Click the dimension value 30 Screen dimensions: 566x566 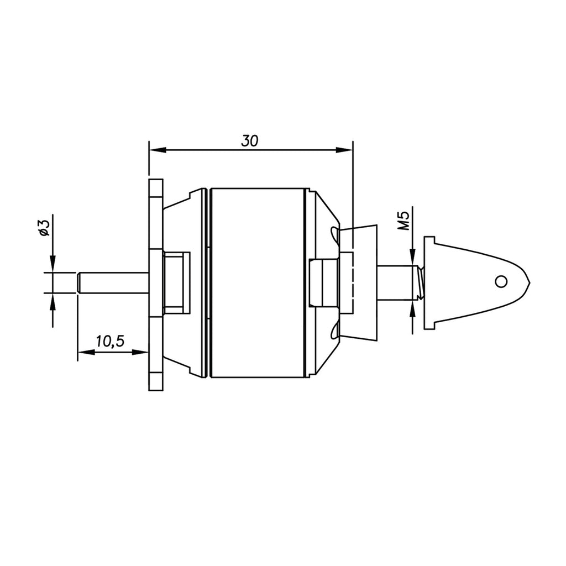coord(250,140)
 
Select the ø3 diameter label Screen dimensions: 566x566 coord(43,227)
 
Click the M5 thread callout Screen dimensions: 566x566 coord(403,221)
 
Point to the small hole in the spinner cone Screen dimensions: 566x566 coord(501,281)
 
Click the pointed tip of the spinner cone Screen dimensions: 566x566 coord(527,282)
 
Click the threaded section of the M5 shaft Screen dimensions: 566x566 coord(420,282)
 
